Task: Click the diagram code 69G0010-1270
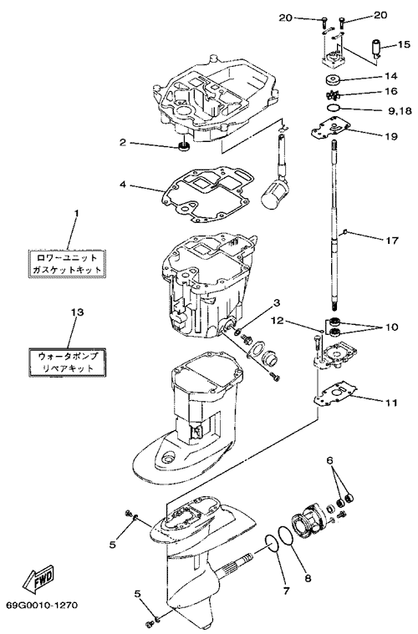tap(42, 606)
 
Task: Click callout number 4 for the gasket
tap(122, 185)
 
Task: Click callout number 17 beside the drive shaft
tap(392, 241)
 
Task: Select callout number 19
tap(391, 136)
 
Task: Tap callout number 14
tap(391, 76)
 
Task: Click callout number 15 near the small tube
tap(404, 43)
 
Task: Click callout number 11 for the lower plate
tap(392, 403)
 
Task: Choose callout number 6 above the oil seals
tap(329, 460)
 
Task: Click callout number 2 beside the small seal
tap(123, 142)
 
